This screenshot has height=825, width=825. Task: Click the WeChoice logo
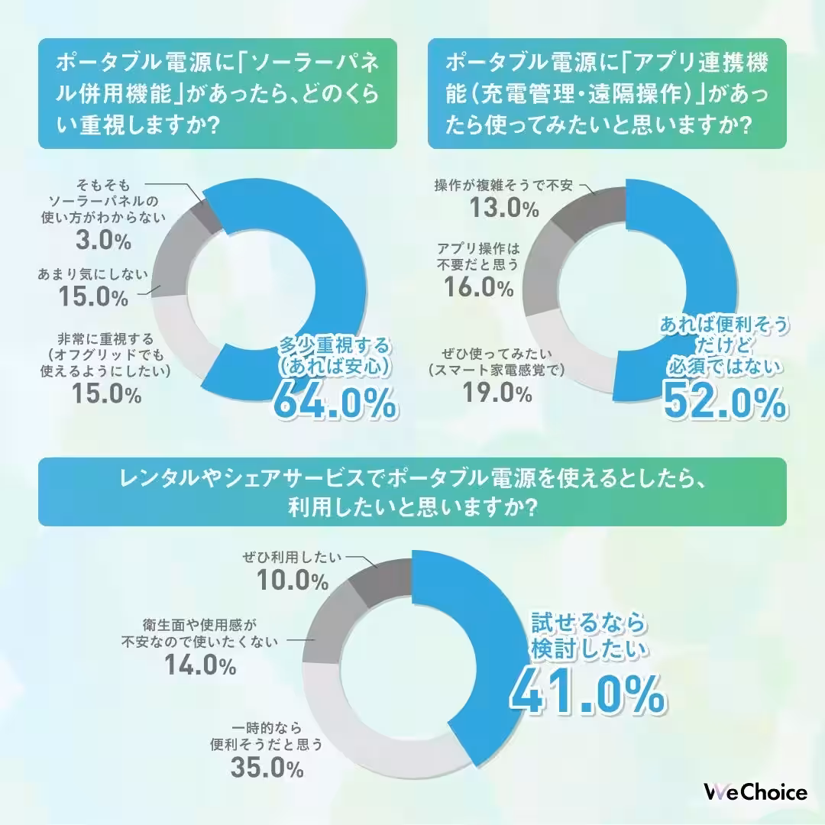coord(755,792)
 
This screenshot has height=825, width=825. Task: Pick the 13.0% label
coord(503,206)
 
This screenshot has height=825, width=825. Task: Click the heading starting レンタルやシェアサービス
coord(412,492)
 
